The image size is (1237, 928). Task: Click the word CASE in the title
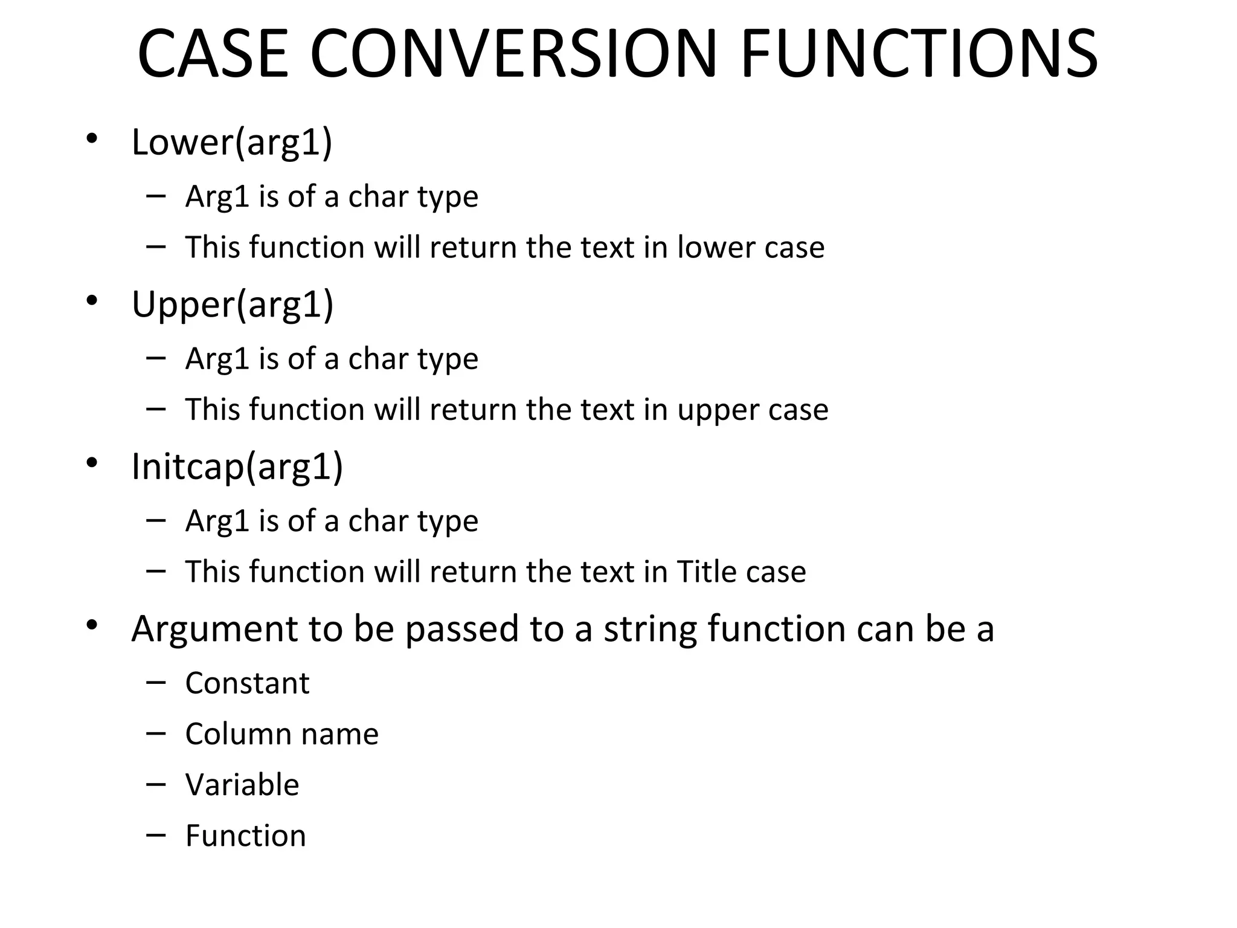click(x=213, y=54)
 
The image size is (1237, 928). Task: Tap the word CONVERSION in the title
click(x=513, y=54)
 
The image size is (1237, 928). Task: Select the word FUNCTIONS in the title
click(x=919, y=54)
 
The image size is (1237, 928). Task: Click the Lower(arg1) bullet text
click(x=232, y=143)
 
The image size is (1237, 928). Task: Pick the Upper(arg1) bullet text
click(x=233, y=304)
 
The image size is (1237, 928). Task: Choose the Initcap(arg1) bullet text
click(x=237, y=466)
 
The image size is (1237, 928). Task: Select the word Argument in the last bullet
click(x=215, y=630)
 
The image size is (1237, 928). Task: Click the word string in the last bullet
click(x=650, y=630)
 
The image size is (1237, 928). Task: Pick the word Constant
click(x=247, y=683)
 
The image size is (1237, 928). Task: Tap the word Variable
click(x=242, y=785)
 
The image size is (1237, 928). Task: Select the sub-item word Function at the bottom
click(x=245, y=836)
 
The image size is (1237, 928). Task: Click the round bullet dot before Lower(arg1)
click(x=91, y=139)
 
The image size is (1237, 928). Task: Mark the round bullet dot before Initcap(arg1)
click(x=91, y=463)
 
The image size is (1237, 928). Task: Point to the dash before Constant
click(x=156, y=683)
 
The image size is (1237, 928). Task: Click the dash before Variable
click(x=156, y=784)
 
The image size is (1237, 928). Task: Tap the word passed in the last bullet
click(x=461, y=630)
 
